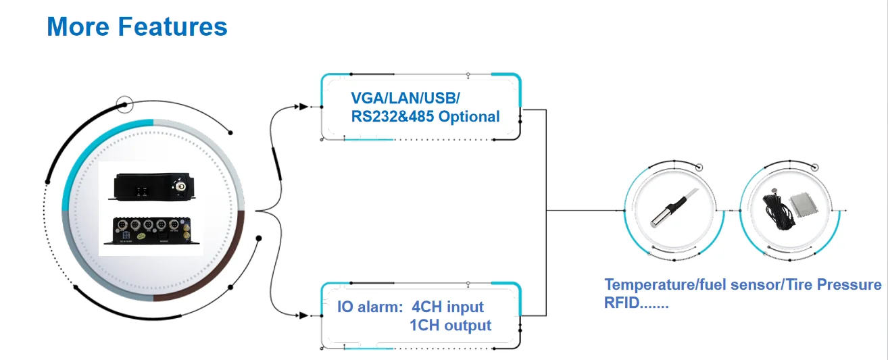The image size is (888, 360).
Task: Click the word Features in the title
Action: (x=172, y=27)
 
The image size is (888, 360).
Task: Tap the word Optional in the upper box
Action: (x=469, y=116)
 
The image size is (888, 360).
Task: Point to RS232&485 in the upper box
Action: (x=392, y=116)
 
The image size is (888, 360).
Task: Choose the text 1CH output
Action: (x=450, y=326)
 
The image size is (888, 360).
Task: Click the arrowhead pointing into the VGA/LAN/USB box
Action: (x=304, y=107)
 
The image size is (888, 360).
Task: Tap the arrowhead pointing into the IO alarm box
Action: (x=304, y=314)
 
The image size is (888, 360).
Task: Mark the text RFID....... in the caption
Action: (x=636, y=303)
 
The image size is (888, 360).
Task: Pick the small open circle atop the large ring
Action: (x=124, y=105)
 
